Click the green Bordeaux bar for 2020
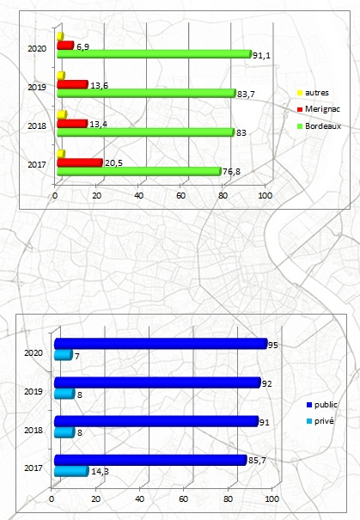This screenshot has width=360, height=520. [x=155, y=54]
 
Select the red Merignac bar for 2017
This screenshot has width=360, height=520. [x=80, y=162]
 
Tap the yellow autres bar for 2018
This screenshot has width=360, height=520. [x=62, y=115]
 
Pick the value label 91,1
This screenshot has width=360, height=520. [x=261, y=55]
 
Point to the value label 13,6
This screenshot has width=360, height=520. [x=99, y=86]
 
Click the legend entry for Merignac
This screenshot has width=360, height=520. [x=319, y=109]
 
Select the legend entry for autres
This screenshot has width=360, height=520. [x=313, y=93]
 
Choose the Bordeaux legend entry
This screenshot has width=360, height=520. [x=319, y=126]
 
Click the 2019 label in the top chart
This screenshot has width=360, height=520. [x=37, y=87]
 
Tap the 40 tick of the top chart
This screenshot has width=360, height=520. [x=138, y=196]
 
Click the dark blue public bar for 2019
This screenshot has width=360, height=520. [x=158, y=382]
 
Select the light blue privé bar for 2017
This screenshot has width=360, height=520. [x=71, y=471]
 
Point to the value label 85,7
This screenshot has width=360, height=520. [x=257, y=461]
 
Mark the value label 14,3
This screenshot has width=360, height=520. [x=100, y=471]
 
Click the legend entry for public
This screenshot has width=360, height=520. [x=322, y=405]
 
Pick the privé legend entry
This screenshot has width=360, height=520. [x=320, y=421]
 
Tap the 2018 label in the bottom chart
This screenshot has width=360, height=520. [x=34, y=430]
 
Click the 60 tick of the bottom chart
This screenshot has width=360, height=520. [x=183, y=499]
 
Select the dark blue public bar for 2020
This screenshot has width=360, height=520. [x=162, y=344]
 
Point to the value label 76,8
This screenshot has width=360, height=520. [x=231, y=172]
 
